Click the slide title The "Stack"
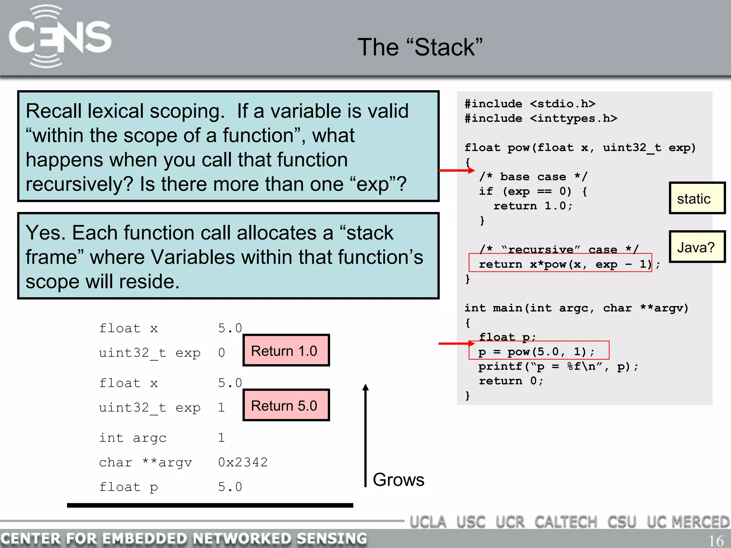pos(420,47)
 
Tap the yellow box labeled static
pos(696,198)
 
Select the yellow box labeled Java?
pos(696,247)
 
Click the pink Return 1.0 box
pos(286,351)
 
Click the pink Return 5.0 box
pos(286,405)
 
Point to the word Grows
pos(398,479)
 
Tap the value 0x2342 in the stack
pos(243,462)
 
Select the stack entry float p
pos(128,487)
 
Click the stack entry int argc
pos(133,438)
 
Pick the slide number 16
pos(716,541)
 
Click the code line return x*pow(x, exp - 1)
pos(565,264)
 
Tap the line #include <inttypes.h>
pos(540,118)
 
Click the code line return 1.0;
pos(533,206)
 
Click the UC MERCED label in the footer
pos(688,522)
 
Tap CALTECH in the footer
pos(565,522)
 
